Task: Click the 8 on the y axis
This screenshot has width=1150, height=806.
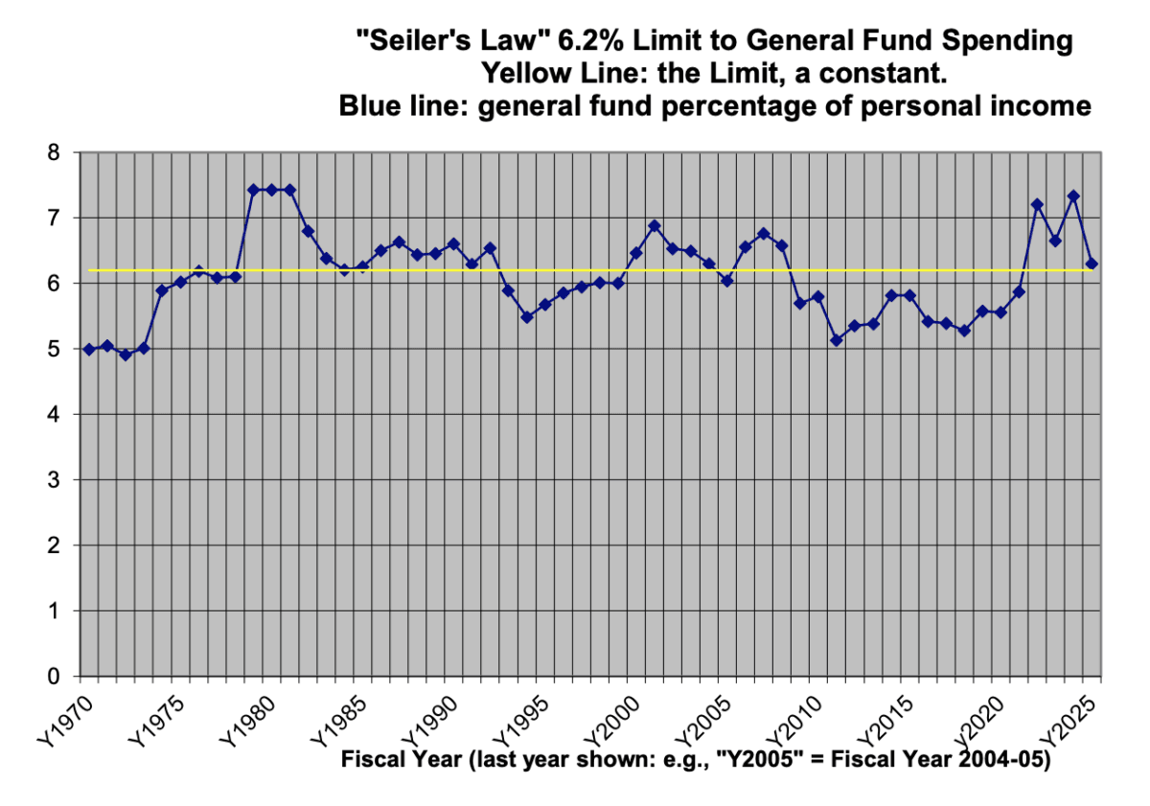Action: (54, 153)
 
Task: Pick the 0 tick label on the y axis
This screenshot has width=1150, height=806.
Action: (54, 677)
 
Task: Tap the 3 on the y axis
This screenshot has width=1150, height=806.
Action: (54, 480)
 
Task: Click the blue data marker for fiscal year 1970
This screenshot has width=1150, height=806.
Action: (89, 350)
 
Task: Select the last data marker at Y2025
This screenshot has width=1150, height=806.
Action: (1092, 264)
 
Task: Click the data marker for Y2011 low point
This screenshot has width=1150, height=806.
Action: (837, 340)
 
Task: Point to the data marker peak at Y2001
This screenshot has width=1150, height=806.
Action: (655, 226)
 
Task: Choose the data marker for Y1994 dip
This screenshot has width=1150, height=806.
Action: (526, 316)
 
